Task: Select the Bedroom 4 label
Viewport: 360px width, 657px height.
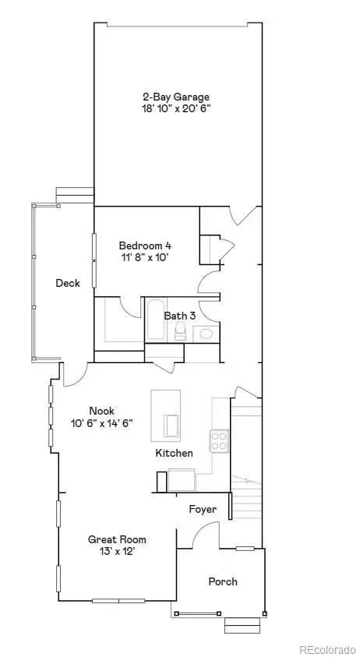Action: point(144,245)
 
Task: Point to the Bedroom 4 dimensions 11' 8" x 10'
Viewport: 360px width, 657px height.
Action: point(144,256)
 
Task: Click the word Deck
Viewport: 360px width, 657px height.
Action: point(67,284)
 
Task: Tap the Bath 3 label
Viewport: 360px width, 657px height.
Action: point(179,316)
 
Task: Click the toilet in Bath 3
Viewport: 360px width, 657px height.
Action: point(181,333)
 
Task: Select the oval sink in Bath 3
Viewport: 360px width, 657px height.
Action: point(206,334)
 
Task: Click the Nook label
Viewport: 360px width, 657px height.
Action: point(101,411)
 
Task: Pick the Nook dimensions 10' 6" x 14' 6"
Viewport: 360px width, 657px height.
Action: point(101,423)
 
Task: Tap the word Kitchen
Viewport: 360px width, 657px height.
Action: point(174,453)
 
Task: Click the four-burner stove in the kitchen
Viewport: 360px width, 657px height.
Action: point(220,442)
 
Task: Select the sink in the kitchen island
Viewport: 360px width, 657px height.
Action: point(171,426)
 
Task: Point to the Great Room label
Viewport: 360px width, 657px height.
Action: point(117,539)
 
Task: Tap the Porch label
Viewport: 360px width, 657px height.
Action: point(223,581)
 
